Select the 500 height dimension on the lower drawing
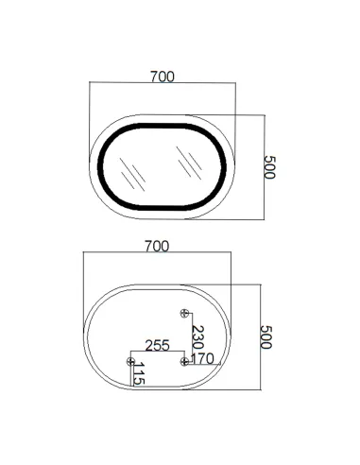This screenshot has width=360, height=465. [x=266, y=337]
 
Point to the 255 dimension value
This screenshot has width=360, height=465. [x=157, y=347]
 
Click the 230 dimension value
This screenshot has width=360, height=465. [x=197, y=336]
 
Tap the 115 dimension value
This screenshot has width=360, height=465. [x=140, y=376]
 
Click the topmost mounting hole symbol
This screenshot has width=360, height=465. [x=185, y=313]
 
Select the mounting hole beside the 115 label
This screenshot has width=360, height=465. [x=130, y=360]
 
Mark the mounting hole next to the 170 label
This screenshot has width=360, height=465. [x=184, y=360]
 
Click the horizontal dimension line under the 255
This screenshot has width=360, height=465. [x=157, y=354]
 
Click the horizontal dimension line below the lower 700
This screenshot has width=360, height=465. [x=157, y=254]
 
